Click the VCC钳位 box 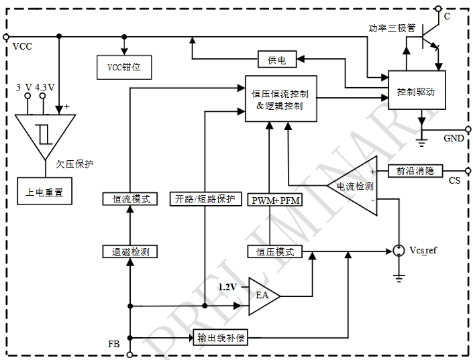pos(124,67)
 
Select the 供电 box pos(277,60)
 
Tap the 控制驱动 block pos(416,91)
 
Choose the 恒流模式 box pos(130,198)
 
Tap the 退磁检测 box pos(130,252)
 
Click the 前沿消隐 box pos(415,170)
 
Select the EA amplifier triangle pos(262,296)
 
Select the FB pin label pos(114,343)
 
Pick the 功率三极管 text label pos(392,29)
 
